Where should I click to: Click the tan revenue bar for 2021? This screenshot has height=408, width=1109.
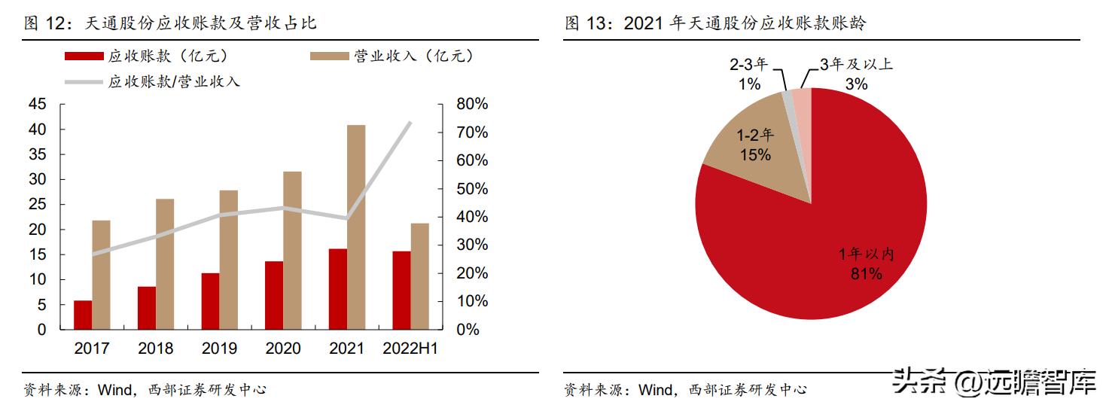356,227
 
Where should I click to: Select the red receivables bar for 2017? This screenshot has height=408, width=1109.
83,315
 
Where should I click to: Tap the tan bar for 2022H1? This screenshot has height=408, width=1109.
419,276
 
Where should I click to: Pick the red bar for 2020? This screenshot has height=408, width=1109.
274,295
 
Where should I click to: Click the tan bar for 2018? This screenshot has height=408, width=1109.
165,263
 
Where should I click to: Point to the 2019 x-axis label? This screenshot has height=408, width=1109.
219,349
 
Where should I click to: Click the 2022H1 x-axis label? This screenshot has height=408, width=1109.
410,349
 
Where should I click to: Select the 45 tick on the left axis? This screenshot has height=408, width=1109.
37,105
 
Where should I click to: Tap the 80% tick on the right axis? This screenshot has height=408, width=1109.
473,104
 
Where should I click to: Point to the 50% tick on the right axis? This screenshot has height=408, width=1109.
473,188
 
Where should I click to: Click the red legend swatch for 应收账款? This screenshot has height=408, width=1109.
84,56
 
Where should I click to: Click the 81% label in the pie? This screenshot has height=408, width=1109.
866,274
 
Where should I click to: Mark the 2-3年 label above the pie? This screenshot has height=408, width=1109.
749,65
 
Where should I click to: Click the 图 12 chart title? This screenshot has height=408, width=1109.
170,23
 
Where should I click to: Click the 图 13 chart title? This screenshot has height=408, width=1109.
715,23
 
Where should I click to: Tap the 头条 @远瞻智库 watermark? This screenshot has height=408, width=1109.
994,382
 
